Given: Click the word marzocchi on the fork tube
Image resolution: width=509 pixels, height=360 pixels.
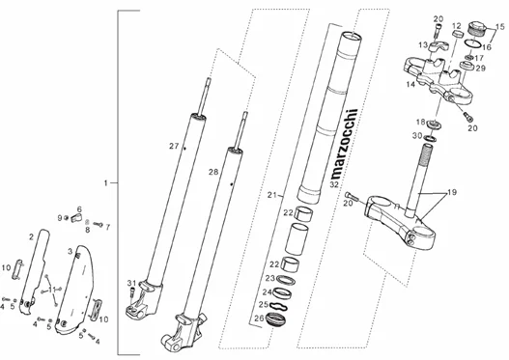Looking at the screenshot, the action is [x=345, y=144].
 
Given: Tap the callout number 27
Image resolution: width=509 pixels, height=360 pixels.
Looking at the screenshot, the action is [x=174, y=147].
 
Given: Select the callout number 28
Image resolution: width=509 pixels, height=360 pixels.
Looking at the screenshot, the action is [x=213, y=172].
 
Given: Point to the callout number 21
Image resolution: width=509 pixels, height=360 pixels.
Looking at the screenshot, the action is [x=272, y=195].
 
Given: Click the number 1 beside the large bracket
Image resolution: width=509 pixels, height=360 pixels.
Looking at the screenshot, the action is [x=105, y=183].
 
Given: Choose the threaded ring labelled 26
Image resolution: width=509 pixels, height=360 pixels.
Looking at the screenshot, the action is [x=275, y=318].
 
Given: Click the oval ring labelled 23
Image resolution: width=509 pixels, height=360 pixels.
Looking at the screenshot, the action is [x=285, y=279].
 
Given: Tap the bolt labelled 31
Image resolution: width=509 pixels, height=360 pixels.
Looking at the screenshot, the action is [x=132, y=291].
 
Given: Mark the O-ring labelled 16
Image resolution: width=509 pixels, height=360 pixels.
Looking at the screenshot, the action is [x=472, y=43].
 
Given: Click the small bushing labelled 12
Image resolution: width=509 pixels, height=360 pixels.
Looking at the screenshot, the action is [x=457, y=34].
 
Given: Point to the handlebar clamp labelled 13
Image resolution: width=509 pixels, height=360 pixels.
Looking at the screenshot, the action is [x=438, y=46].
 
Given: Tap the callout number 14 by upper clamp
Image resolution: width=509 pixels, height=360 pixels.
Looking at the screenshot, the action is [x=410, y=85].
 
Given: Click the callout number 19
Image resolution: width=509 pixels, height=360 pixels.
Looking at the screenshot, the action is [x=452, y=192].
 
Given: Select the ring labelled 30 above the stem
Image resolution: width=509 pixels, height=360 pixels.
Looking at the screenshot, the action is [x=430, y=139].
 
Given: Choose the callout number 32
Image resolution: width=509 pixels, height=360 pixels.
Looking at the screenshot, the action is [x=334, y=185].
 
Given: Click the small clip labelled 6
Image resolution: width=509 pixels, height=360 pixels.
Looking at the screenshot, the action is [x=76, y=218].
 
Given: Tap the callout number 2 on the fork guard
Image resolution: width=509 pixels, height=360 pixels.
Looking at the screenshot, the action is [x=31, y=237].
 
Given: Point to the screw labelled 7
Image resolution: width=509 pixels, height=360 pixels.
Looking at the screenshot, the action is [x=99, y=224].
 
